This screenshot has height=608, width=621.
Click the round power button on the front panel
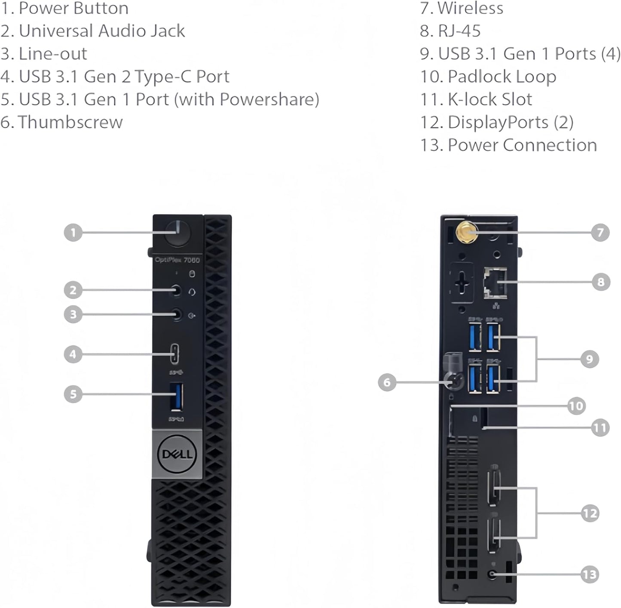tap(177, 233)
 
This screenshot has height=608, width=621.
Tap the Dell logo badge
tap(177, 454)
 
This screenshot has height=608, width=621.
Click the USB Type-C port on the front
tap(175, 354)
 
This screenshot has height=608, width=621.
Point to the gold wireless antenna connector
tap(466, 232)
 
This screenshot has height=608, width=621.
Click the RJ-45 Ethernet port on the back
tap(495, 283)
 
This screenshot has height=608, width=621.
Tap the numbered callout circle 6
tap(387, 382)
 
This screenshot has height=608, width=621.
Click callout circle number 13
tap(590, 574)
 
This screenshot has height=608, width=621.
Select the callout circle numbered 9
tap(590, 359)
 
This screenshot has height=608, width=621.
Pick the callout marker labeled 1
tap(73, 233)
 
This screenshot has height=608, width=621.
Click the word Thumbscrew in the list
tap(70, 122)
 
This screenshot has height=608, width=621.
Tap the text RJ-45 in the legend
tap(459, 31)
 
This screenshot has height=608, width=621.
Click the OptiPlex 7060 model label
tap(177, 260)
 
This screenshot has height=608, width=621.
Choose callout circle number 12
tap(590, 513)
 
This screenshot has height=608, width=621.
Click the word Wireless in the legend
tap(470, 8)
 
